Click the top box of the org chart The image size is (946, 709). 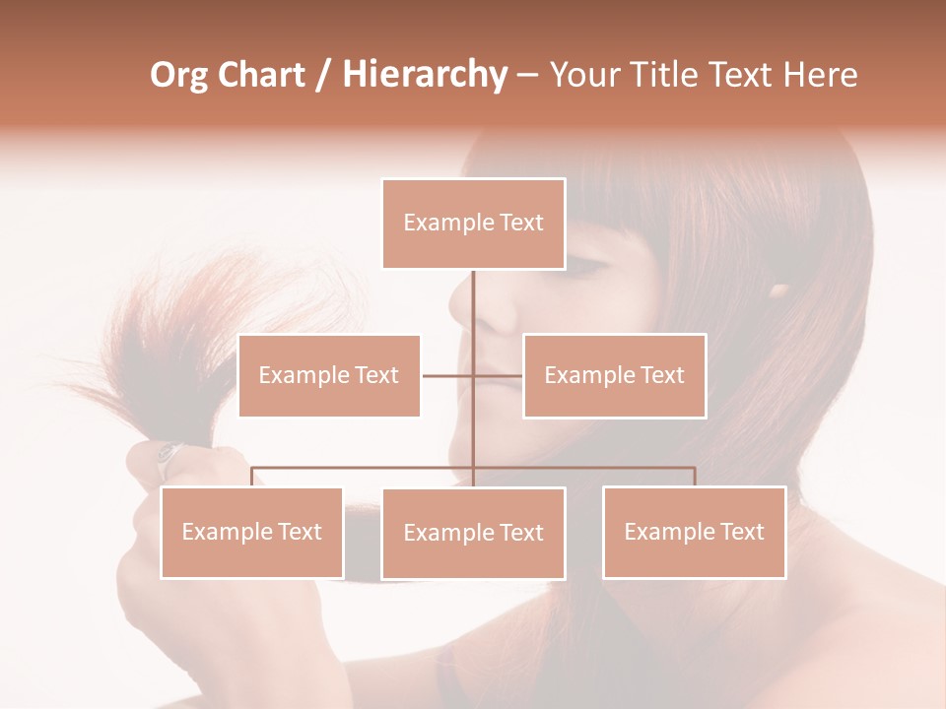point(473,224)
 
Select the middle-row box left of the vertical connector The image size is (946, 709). point(329,375)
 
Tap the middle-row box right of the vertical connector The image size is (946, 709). point(614,375)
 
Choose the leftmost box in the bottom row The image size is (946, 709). point(252,532)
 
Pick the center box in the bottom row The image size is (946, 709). point(473,533)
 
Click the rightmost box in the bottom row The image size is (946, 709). point(694,532)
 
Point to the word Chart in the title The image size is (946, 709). point(260,75)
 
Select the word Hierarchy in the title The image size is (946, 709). point(425,75)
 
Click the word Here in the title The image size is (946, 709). point(820,75)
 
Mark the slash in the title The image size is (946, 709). point(323,75)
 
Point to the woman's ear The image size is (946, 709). point(779,291)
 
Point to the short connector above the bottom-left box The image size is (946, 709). point(252,477)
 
